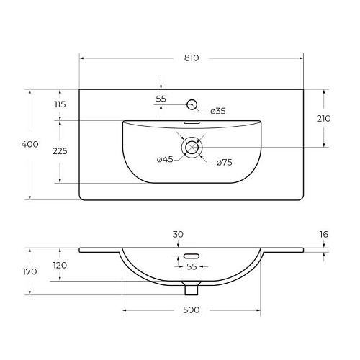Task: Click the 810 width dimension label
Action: [192, 58]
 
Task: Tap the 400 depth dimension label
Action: [30, 144]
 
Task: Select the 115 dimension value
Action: [60, 104]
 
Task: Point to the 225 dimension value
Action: [60, 151]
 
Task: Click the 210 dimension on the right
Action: [323, 118]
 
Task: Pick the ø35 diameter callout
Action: [218, 111]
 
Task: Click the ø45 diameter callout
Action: [165, 159]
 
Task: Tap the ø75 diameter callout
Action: [224, 163]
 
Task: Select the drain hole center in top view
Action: [192, 147]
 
